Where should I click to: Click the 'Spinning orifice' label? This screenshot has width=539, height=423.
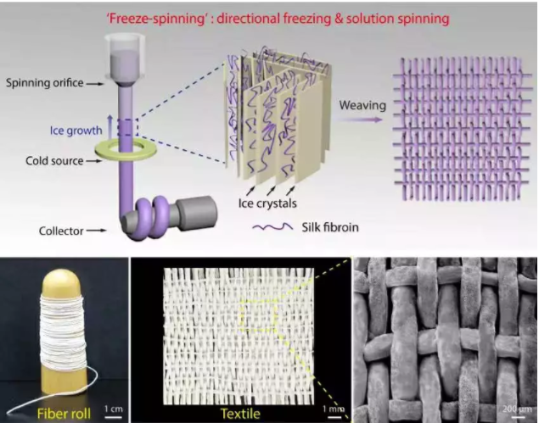(x=44, y=83)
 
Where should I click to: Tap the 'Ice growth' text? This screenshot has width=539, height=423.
(x=76, y=131)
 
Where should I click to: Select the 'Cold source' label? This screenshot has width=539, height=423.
(x=54, y=161)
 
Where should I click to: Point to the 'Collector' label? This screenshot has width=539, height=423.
(x=61, y=231)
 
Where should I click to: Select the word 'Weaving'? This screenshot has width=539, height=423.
(x=362, y=105)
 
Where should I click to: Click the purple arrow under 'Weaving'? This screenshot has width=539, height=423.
(x=359, y=120)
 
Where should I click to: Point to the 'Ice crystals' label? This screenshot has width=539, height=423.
(x=267, y=203)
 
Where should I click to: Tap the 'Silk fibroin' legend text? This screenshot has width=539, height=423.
(x=330, y=227)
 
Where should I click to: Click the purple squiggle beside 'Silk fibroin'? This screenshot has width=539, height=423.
(x=272, y=226)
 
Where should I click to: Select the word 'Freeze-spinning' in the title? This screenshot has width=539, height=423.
(x=157, y=19)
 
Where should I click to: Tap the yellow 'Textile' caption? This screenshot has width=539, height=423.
(x=240, y=414)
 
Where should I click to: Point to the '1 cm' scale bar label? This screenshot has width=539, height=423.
(x=114, y=409)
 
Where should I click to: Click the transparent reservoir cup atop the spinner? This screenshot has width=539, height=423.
(x=126, y=55)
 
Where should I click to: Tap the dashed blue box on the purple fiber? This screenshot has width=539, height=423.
(x=128, y=127)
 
